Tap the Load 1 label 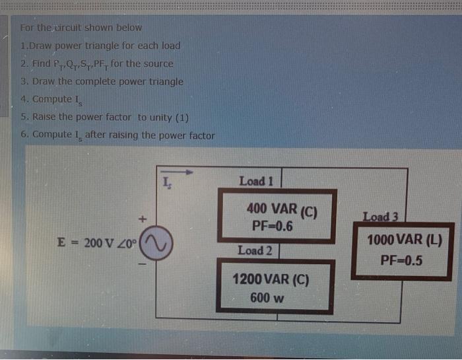point(256,180)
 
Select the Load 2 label point(255,250)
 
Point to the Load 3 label point(381,215)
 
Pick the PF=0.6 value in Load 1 point(272,227)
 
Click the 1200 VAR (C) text point(271,279)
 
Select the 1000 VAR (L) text point(404,240)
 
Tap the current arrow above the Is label point(178,172)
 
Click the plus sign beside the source point(141,217)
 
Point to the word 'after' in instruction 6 point(96,135)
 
